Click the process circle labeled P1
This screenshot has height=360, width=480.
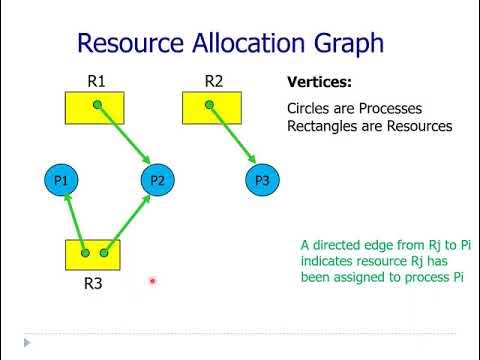61,180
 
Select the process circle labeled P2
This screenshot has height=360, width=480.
156,180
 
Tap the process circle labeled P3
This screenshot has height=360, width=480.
262,180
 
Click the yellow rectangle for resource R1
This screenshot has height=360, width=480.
95,107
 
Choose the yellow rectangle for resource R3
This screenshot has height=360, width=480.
93,254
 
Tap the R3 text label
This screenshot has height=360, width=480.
93,284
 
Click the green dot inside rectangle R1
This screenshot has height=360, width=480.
96,104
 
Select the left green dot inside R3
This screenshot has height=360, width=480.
86,253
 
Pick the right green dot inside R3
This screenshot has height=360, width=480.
104,253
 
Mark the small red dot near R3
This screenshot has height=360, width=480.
152,282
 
